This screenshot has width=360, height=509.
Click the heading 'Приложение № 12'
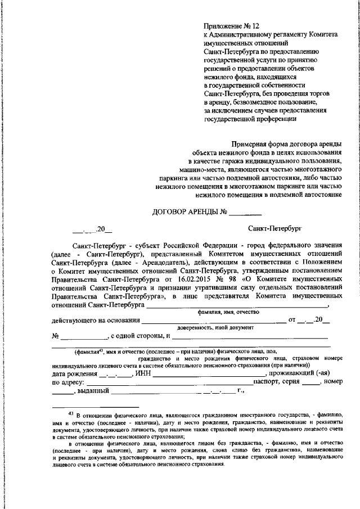point(232,26)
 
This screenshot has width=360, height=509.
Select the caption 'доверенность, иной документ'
point(215,327)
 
